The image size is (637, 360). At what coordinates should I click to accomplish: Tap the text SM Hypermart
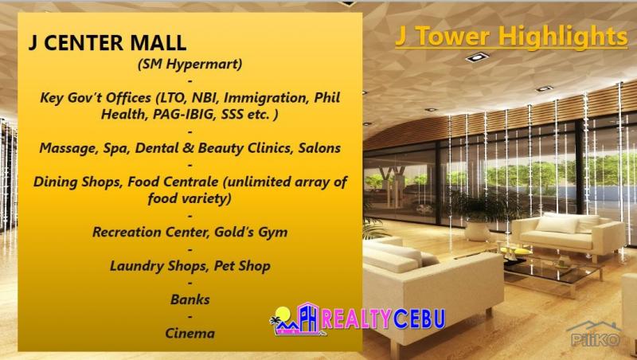190,64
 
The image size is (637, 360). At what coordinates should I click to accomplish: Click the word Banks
190,299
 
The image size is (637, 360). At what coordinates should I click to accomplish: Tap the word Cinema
190,333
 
